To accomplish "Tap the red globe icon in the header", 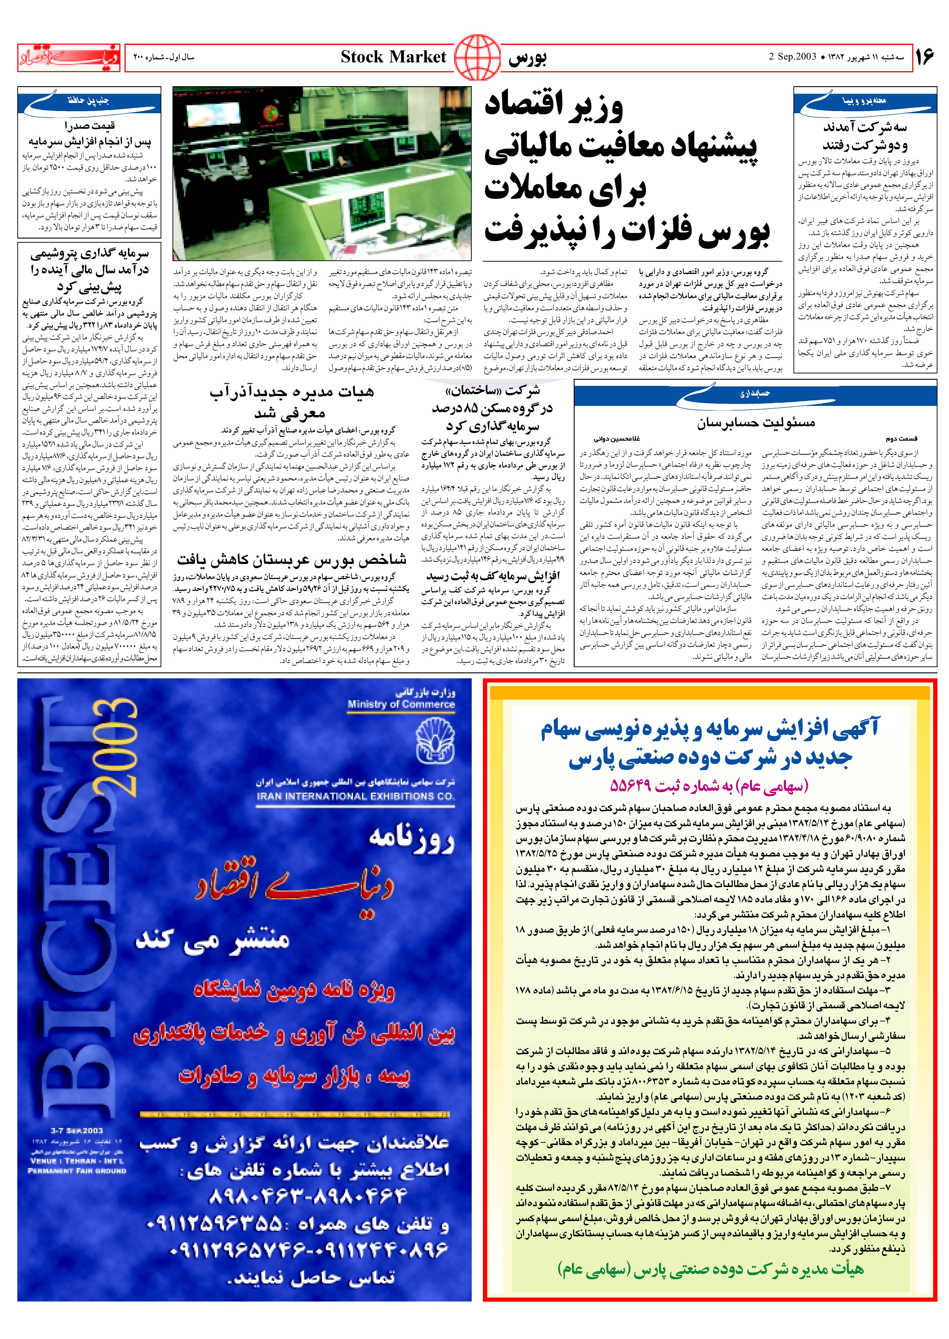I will (x=477, y=57).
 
